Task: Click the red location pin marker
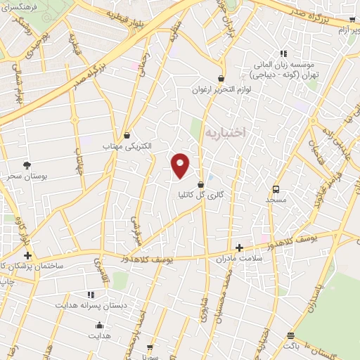(x=181, y=165)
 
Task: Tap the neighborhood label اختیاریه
(x=225, y=133)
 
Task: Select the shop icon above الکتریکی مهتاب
(x=127, y=135)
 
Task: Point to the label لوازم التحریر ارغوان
(x=222, y=90)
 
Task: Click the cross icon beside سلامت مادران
(x=239, y=247)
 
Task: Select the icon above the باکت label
(x=291, y=335)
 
